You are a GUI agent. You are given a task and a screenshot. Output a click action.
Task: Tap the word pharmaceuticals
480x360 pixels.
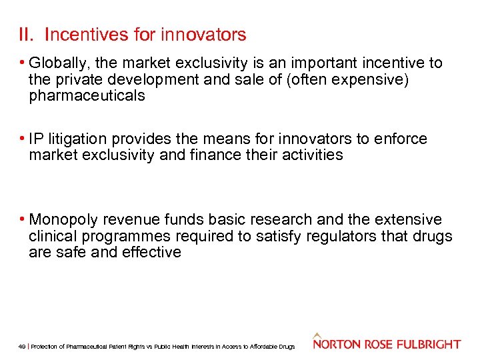pos(87,95)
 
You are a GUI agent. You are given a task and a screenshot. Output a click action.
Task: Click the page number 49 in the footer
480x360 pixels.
pos(22,347)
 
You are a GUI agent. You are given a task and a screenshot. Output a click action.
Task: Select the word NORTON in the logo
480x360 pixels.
pos(336,344)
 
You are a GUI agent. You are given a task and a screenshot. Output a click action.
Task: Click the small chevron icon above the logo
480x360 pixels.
pos(318,335)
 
